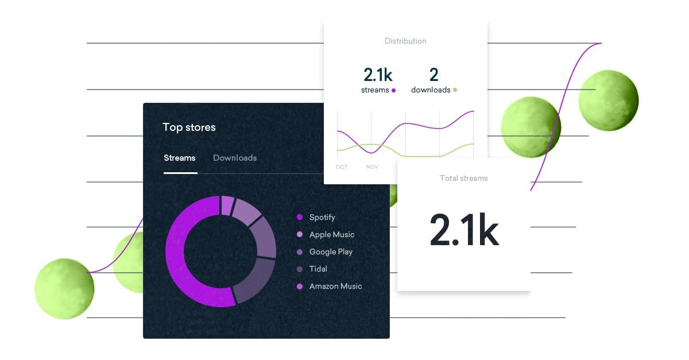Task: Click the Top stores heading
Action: click(x=189, y=127)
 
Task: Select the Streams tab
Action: click(x=179, y=158)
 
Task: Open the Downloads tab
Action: click(x=235, y=158)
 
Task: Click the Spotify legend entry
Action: click(x=322, y=217)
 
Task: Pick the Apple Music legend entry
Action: click(x=331, y=234)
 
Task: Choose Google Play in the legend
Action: click(x=330, y=251)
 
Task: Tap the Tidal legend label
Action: click(x=318, y=269)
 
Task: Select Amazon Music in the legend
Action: click(x=335, y=286)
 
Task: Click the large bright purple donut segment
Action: click(x=178, y=253)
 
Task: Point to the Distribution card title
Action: click(x=405, y=41)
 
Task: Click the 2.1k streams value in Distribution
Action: click(x=377, y=75)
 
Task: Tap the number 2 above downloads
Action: click(x=433, y=75)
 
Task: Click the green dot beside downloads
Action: click(x=455, y=90)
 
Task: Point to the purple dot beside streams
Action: click(x=393, y=90)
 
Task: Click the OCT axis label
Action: click(x=342, y=167)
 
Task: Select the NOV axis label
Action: click(x=372, y=167)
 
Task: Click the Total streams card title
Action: click(x=463, y=179)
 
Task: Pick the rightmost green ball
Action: click(x=608, y=99)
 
